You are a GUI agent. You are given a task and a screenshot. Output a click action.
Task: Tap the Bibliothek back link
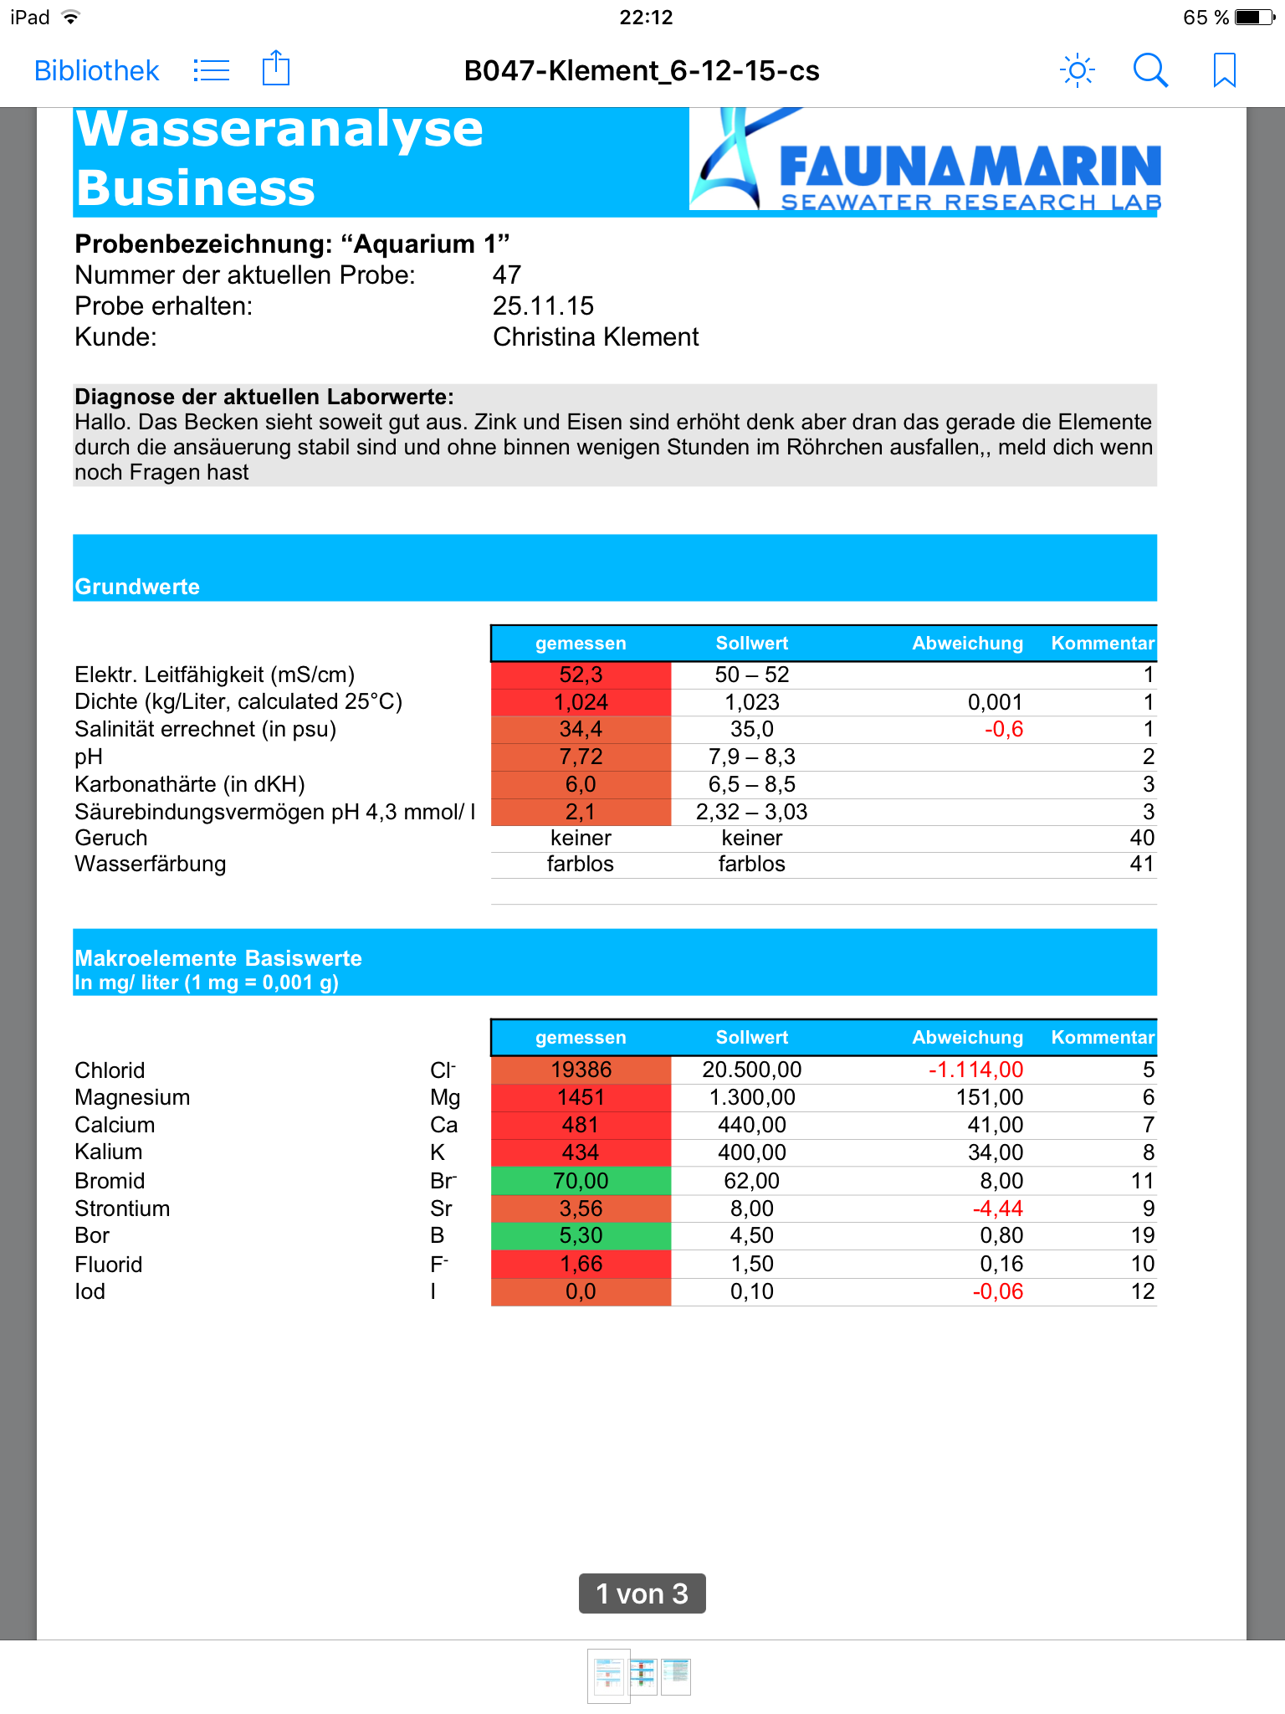click(x=96, y=70)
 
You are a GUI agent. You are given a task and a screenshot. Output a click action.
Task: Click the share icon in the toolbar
click(x=275, y=69)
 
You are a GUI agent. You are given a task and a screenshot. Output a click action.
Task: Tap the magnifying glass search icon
click(x=1150, y=70)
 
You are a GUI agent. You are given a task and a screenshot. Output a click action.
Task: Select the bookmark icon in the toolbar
click(x=1224, y=70)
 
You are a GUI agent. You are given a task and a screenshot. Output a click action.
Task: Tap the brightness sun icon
click(x=1077, y=70)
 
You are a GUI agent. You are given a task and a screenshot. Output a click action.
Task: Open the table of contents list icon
click(x=211, y=70)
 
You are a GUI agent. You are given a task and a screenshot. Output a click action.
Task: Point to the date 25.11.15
click(x=543, y=305)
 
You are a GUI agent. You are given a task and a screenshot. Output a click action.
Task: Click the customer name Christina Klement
click(x=596, y=336)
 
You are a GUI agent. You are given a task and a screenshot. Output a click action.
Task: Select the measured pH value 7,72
click(x=581, y=757)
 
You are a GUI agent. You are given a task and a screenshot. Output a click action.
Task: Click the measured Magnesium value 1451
click(x=581, y=1097)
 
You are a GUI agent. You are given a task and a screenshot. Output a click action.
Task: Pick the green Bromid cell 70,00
click(x=581, y=1181)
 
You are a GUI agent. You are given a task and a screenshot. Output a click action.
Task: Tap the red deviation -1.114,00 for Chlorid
click(x=975, y=1070)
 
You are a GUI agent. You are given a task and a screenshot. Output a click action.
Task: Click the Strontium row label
click(x=122, y=1209)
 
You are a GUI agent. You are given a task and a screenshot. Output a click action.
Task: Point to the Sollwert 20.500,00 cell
click(x=751, y=1070)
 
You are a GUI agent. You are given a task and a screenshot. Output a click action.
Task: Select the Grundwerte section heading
click(x=137, y=587)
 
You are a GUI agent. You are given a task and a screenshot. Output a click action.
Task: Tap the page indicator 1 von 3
click(x=642, y=1593)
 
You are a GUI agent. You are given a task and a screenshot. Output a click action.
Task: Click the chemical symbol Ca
click(x=443, y=1125)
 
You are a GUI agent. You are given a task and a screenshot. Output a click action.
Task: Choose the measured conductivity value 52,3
click(x=581, y=675)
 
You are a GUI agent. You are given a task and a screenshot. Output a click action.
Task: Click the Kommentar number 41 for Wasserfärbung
click(x=1141, y=864)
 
